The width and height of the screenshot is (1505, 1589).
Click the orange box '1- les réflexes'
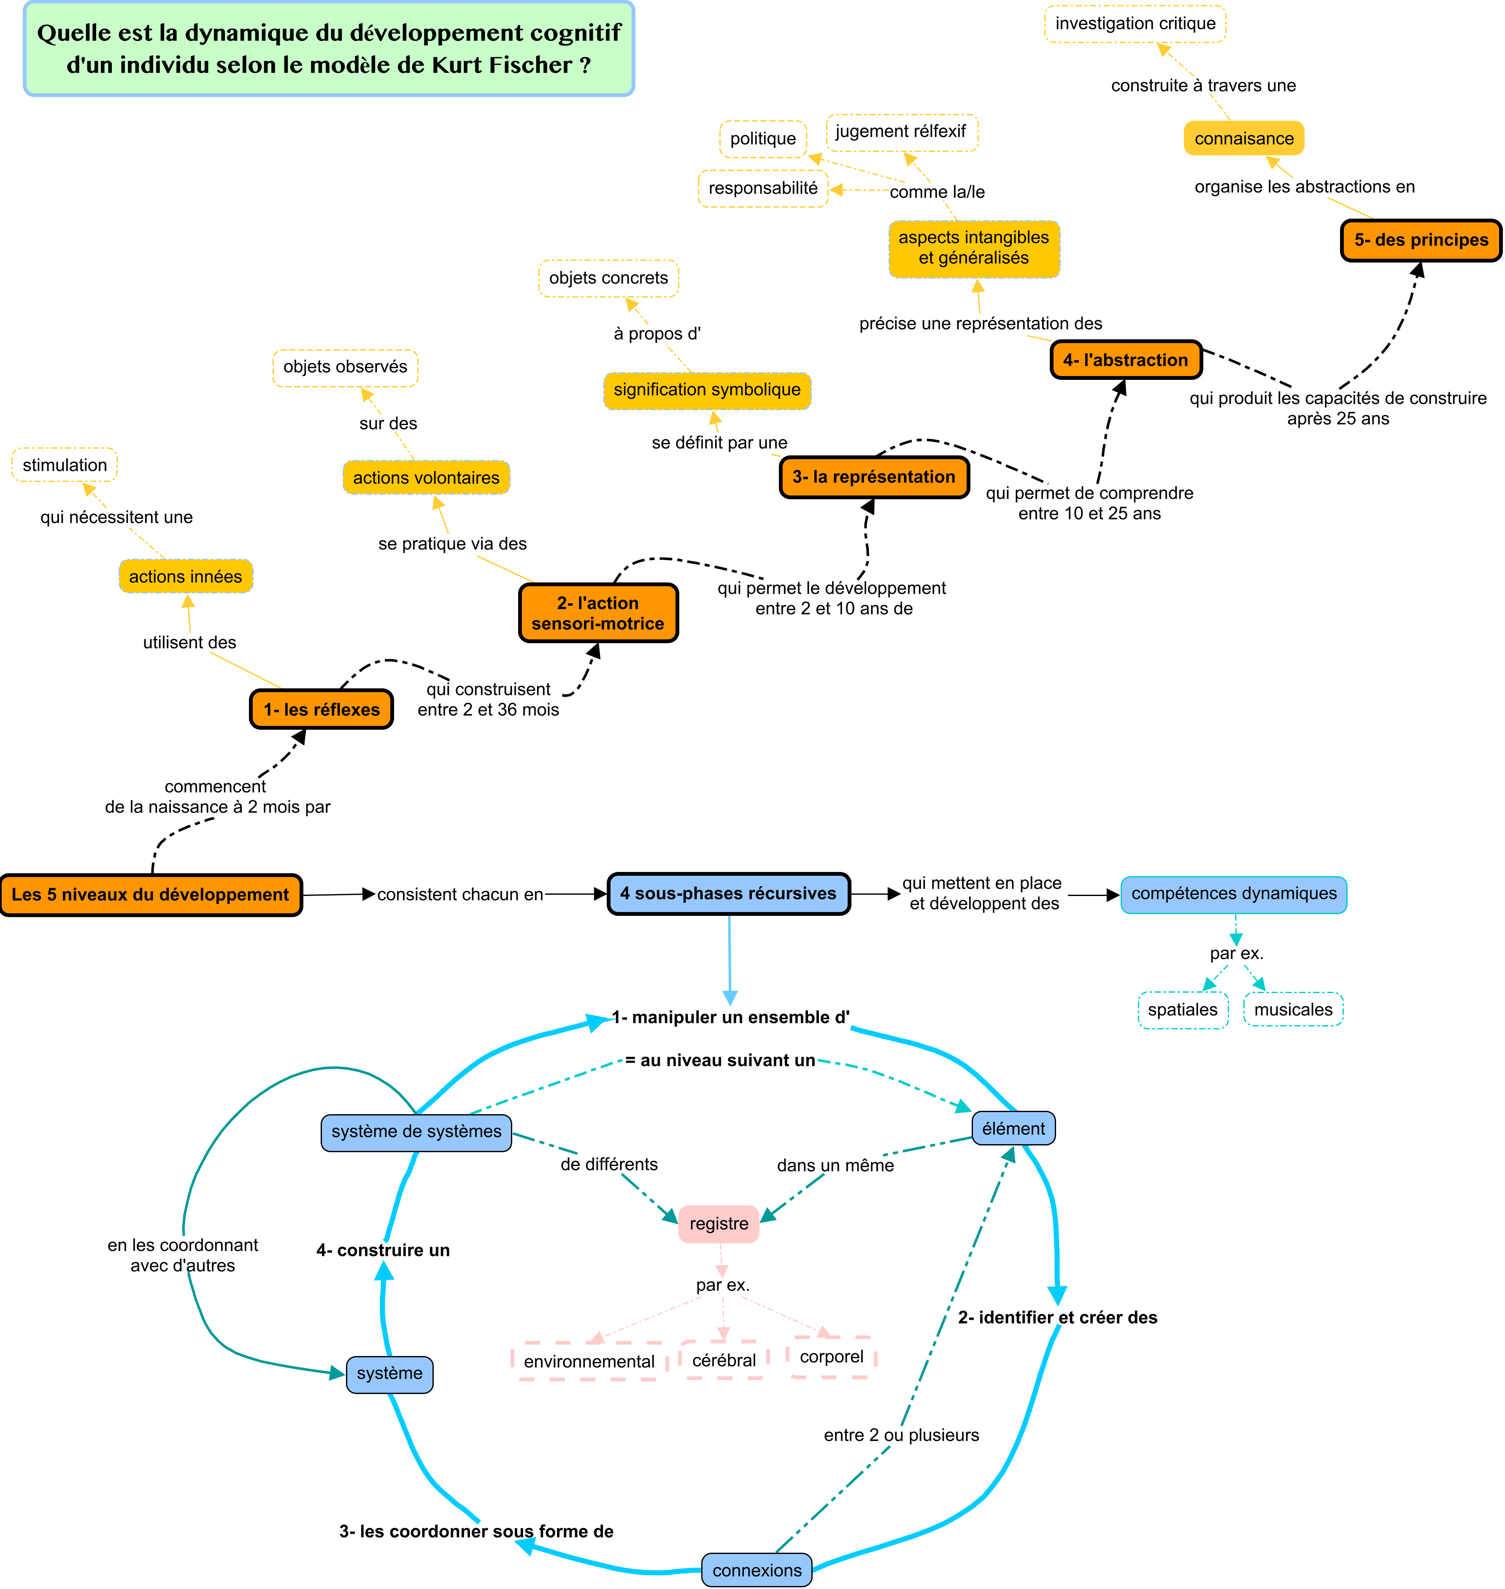[x=322, y=709]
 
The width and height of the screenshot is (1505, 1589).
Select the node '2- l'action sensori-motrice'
[x=598, y=613]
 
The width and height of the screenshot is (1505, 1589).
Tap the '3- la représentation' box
[x=875, y=477]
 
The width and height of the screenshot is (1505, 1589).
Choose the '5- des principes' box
[x=1421, y=240]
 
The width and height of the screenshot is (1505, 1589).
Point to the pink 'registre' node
[x=719, y=1224]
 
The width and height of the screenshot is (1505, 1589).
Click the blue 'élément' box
[x=1013, y=1129]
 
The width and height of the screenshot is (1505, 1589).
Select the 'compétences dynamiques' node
[x=1234, y=894]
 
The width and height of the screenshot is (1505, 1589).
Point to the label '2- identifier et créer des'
[x=1057, y=1317]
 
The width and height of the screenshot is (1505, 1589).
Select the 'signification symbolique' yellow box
[x=707, y=390]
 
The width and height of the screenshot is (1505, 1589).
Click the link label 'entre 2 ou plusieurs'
[x=901, y=1435]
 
